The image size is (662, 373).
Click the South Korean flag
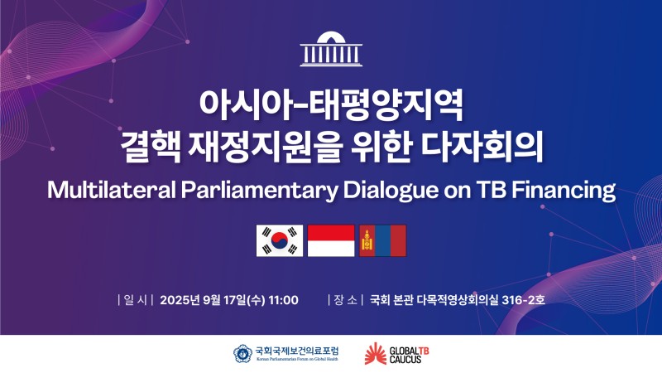[280, 240]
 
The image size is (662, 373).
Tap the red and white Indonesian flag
[331, 240]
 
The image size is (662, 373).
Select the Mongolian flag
[382, 240]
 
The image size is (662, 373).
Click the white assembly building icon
[331, 49]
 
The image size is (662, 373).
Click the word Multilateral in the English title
[112, 191]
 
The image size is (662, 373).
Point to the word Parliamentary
[260, 191]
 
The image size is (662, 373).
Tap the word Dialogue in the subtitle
[391, 191]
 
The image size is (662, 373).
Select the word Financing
[564, 191]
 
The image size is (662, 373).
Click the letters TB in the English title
[492, 191]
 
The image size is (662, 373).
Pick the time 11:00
[283, 300]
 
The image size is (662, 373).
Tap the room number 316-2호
[523, 300]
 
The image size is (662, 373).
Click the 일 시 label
[135, 300]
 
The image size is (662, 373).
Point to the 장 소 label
[345, 300]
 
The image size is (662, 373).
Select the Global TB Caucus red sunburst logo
[376, 354]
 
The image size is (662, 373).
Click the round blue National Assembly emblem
[242, 354]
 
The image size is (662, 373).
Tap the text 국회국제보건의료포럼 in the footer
[297, 351]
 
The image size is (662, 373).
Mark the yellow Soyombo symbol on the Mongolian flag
[367, 240]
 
